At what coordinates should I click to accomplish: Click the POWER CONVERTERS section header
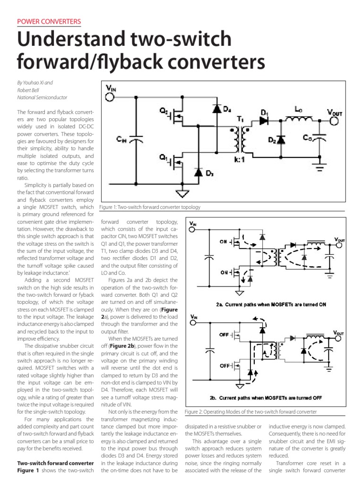(49, 22)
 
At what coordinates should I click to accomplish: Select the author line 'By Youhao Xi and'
(35, 83)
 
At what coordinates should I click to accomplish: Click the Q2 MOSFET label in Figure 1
(164, 112)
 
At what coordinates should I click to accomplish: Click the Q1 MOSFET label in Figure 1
(164, 158)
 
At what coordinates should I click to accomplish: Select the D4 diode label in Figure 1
(227, 110)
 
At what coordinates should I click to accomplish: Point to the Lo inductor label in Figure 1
(298, 109)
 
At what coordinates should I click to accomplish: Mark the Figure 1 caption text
(150, 207)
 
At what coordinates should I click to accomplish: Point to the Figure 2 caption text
(251, 412)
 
